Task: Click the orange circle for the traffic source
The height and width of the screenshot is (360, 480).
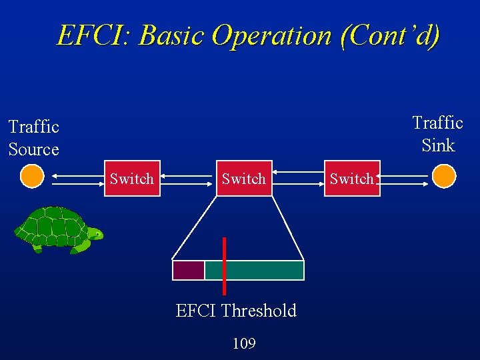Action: click(31, 177)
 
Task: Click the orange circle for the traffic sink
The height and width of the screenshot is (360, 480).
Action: click(444, 177)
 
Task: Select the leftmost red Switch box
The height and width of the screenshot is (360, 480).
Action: click(132, 178)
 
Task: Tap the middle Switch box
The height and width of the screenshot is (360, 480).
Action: click(243, 178)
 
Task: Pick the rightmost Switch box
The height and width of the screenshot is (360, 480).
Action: click(352, 178)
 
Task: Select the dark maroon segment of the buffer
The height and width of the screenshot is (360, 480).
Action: click(188, 270)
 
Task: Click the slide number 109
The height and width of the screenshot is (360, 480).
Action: click(244, 343)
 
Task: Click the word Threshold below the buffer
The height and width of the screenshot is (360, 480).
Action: click(259, 311)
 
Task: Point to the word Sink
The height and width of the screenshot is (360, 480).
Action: click(438, 145)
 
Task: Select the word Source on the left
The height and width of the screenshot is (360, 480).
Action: click(34, 149)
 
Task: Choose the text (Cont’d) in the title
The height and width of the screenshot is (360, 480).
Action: click(390, 35)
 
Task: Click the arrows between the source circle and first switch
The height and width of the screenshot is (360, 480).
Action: click(74, 178)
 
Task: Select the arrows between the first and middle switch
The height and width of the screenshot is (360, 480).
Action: click(188, 178)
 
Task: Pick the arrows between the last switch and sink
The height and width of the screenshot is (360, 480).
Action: click(405, 178)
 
